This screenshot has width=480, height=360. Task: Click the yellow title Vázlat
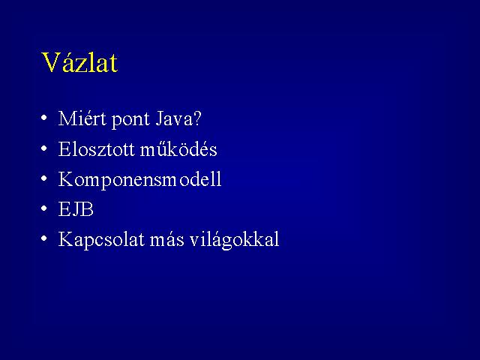(x=79, y=62)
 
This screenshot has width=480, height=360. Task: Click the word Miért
(x=82, y=118)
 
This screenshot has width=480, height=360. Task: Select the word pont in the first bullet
(x=130, y=120)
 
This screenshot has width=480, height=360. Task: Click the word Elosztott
(x=97, y=149)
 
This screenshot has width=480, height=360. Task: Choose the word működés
(x=178, y=148)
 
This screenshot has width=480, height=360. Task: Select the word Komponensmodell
(x=140, y=180)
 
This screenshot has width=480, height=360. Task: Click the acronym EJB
(x=76, y=209)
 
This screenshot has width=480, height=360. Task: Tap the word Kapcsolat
(x=101, y=240)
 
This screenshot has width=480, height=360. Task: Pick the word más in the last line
(x=166, y=239)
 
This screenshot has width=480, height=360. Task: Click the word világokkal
(x=235, y=240)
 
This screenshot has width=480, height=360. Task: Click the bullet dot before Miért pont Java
(x=44, y=118)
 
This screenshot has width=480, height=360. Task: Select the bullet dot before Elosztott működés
(x=44, y=148)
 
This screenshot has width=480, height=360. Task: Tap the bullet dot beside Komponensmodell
(x=44, y=178)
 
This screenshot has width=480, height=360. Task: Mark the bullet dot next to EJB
(x=44, y=208)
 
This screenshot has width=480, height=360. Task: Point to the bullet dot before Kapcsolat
(x=44, y=238)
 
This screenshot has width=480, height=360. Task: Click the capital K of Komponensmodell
(x=65, y=179)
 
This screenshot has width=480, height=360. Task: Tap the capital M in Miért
(x=67, y=118)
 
